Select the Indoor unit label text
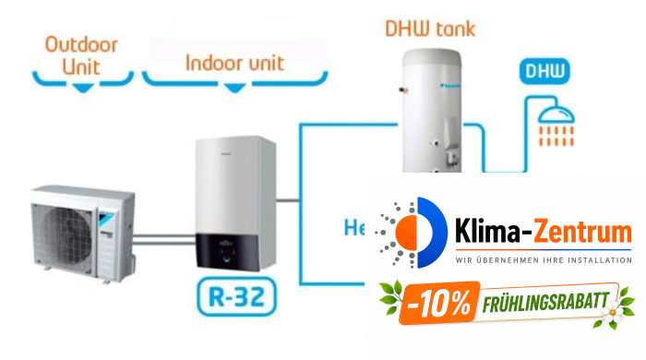234,64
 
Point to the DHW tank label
430,29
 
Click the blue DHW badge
544,70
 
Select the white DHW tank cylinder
430,111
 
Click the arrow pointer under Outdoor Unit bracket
84,87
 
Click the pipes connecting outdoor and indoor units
162,239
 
